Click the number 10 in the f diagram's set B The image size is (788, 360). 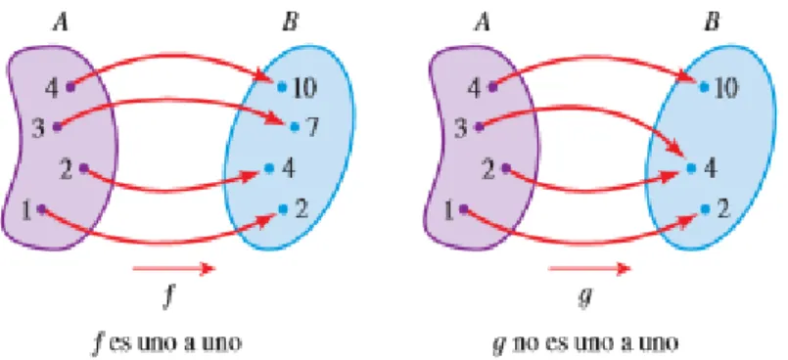click(x=305, y=88)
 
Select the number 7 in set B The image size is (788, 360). click(x=312, y=128)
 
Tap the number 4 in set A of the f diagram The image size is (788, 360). click(x=52, y=88)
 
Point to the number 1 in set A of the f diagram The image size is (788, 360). click(x=27, y=211)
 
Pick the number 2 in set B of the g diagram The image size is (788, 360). click(x=723, y=210)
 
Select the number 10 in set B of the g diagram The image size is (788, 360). click(x=726, y=88)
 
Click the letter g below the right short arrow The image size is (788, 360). click(x=586, y=298)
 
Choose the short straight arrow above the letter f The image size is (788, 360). click(x=174, y=269)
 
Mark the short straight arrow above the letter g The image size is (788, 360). click(x=589, y=269)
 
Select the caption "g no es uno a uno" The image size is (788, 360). click(x=585, y=343)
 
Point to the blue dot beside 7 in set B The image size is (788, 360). click(x=295, y=127)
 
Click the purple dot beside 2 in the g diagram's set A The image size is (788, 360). click(x=505, y=168)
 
